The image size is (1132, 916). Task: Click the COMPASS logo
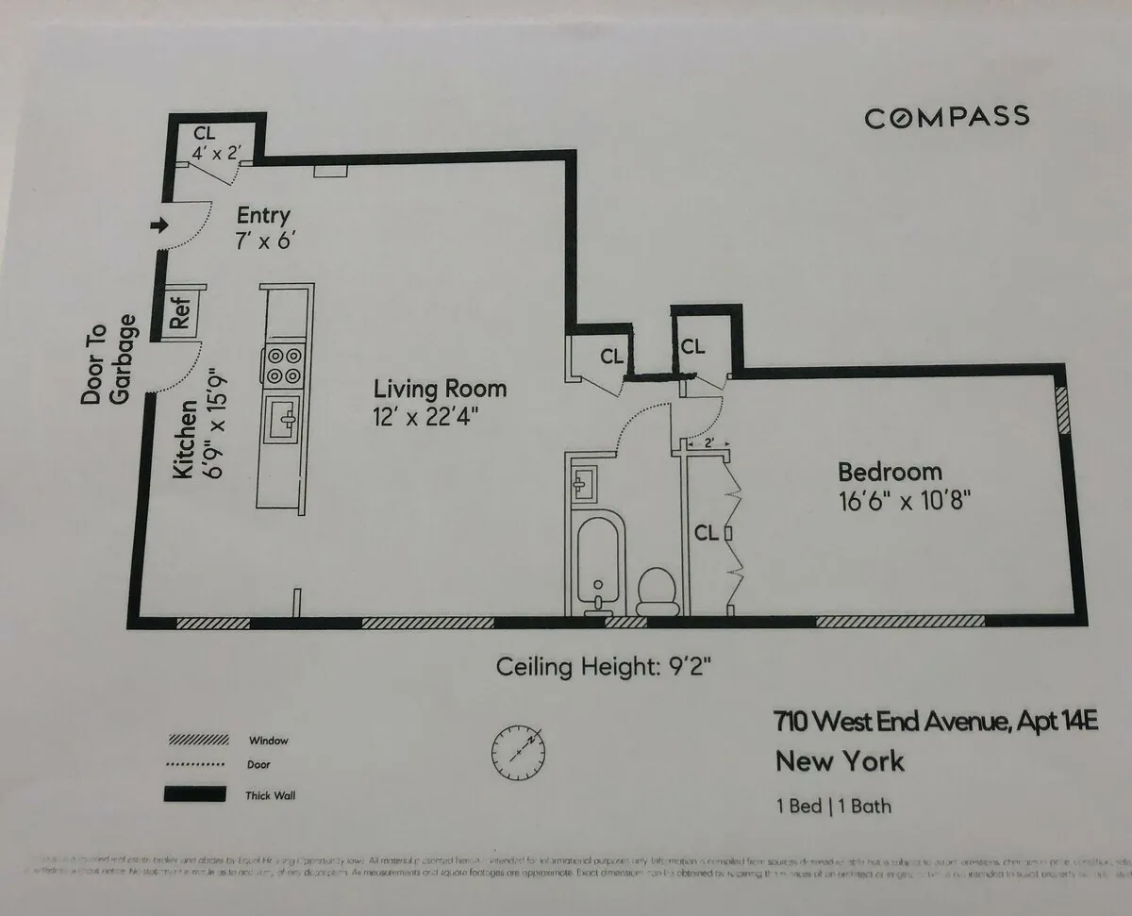click(946, 117)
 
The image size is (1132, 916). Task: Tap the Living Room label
click(440, 389)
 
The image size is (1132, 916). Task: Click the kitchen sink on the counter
click(284, 418)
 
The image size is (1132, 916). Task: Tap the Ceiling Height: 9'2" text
click(603, 667)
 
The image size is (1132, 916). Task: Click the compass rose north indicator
click(518, 751)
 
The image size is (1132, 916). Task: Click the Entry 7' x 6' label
click(262, 228)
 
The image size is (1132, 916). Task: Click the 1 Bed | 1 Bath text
click(833, 807)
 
